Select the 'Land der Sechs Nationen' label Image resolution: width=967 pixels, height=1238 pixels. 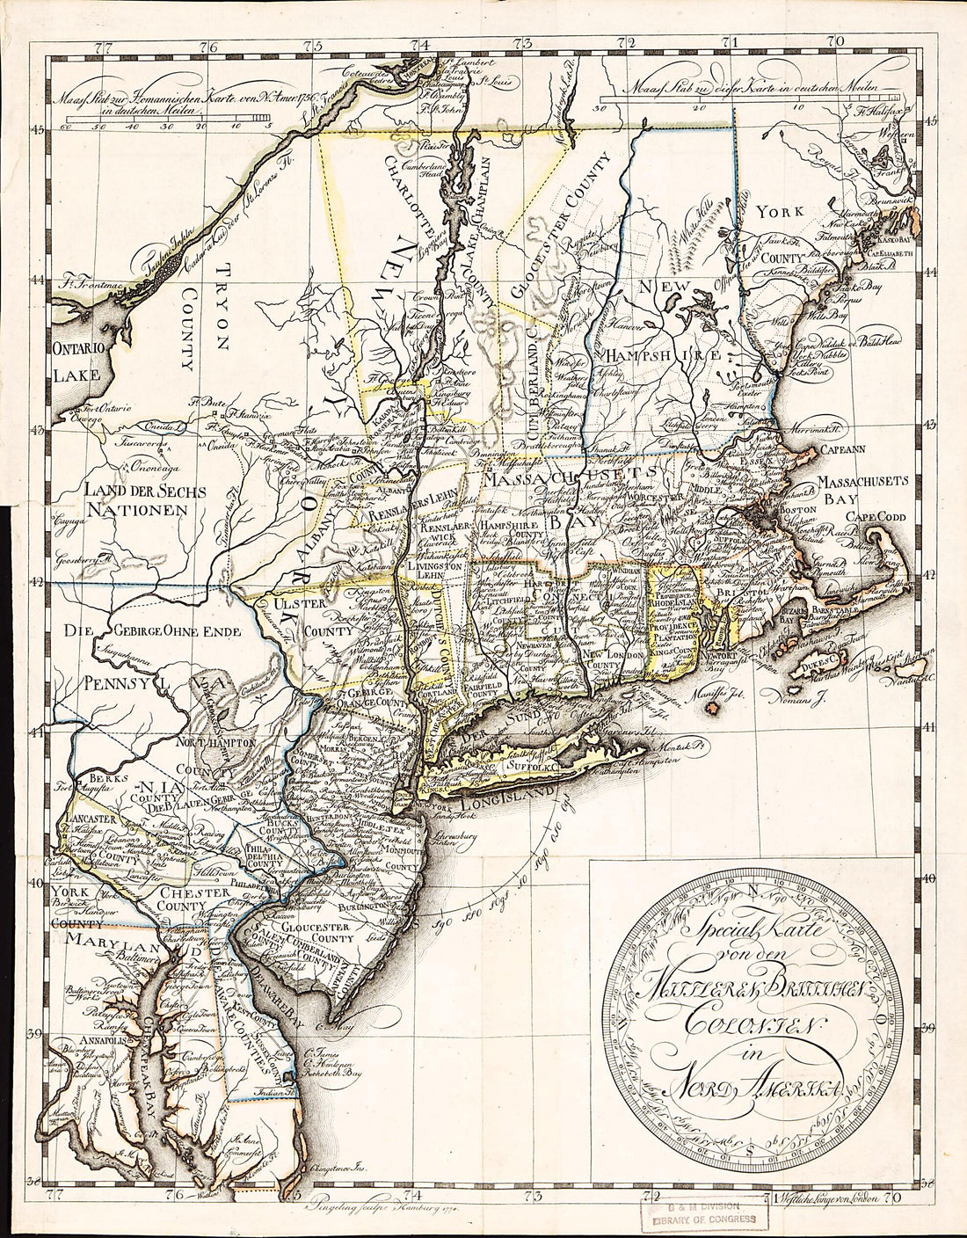coord(140,499)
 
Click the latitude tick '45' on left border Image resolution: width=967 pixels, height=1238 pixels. coord(38,130)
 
